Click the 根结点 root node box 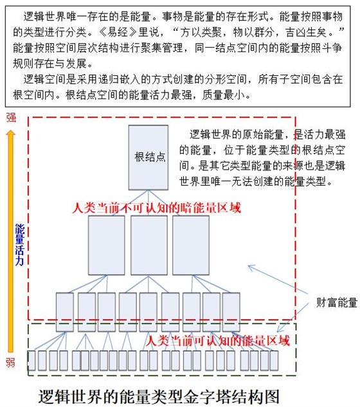pyautogui.click(x=148, y=158)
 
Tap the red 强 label pyautogui.click(x=11, y=118)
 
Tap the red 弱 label pyautogui.click(x=11, y=363)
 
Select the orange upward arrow pyautogui.click(x=11, y=241)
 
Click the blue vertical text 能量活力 pyautogui.click(x=20, y=245)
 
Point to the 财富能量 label pyautogui.click(x=337, y=303)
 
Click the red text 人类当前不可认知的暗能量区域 pyautogui.click(x=156, y=208)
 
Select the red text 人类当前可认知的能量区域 pyautogui.click(x=217, y=341)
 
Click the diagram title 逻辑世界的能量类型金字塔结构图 pyautogui.click(x=159, y=396)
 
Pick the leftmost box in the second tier pyautogui.click(x=107, y=245)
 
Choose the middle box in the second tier pyautogui.click(x=149, y=245)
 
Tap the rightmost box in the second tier pyautogui.click(x=191, y=245)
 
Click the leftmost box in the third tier pyautogui.click(x=65, y=312)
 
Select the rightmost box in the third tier pyautogui.click(x=231, y=312)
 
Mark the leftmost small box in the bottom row pyautogui.click(x=32, y=360)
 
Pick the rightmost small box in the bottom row pyautogui.click(x=274, y=360)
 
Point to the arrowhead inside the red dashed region pyautogui.click(x=251, y=267)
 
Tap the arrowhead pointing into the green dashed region pyautogui.click(x=279, y=329)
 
